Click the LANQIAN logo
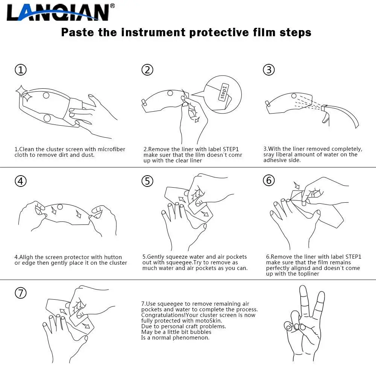[58, 12]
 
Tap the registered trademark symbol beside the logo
[112, 6]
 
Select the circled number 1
[21, 70]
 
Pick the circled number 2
[147, 70]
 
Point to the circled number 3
[269, 70]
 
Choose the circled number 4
[21, 181]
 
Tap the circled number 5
[147, 181]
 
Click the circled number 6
[269, 180]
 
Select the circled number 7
[21, 293]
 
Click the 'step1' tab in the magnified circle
[223, 92]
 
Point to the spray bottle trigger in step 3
[325, 117]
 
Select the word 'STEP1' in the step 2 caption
[231, 149]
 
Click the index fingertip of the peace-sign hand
[303, 287]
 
